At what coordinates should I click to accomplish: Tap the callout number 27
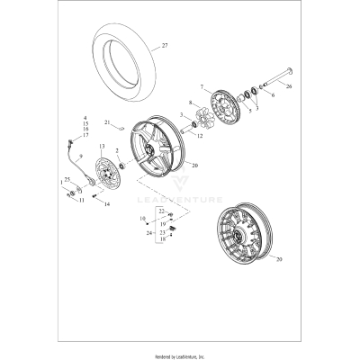click(165, 44)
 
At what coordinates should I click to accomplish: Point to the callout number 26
click(289, 88)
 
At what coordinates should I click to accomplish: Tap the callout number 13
click(102, 146)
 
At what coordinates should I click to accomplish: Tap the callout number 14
click(107, 205)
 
